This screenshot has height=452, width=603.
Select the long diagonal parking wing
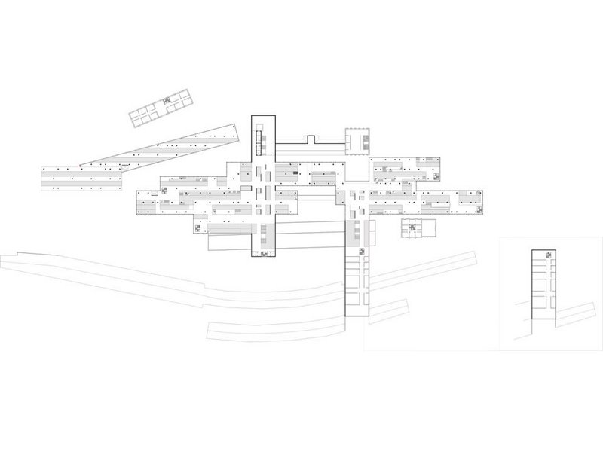(x=162, y=151)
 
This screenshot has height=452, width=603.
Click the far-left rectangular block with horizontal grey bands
(x=81, y=178)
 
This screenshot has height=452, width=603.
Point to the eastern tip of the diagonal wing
(x=240, y=130)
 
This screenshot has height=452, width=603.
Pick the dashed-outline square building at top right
(x=359, y=139)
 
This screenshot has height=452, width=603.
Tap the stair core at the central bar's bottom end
(x=266, y=254)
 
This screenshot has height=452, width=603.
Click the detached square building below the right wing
(x=418, y=230)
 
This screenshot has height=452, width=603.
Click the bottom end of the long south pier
(x=357, y=315)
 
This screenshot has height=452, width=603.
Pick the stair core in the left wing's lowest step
(x=197, y=228)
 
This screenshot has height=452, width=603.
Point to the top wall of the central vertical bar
(x=265, y=116)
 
